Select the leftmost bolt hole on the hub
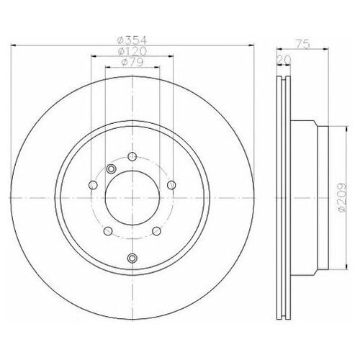pyautogui.click(x=93, y=186)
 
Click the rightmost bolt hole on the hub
pyautogui.click(x=171, y=186)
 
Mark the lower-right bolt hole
pyautogui.click(x=156, y=231)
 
